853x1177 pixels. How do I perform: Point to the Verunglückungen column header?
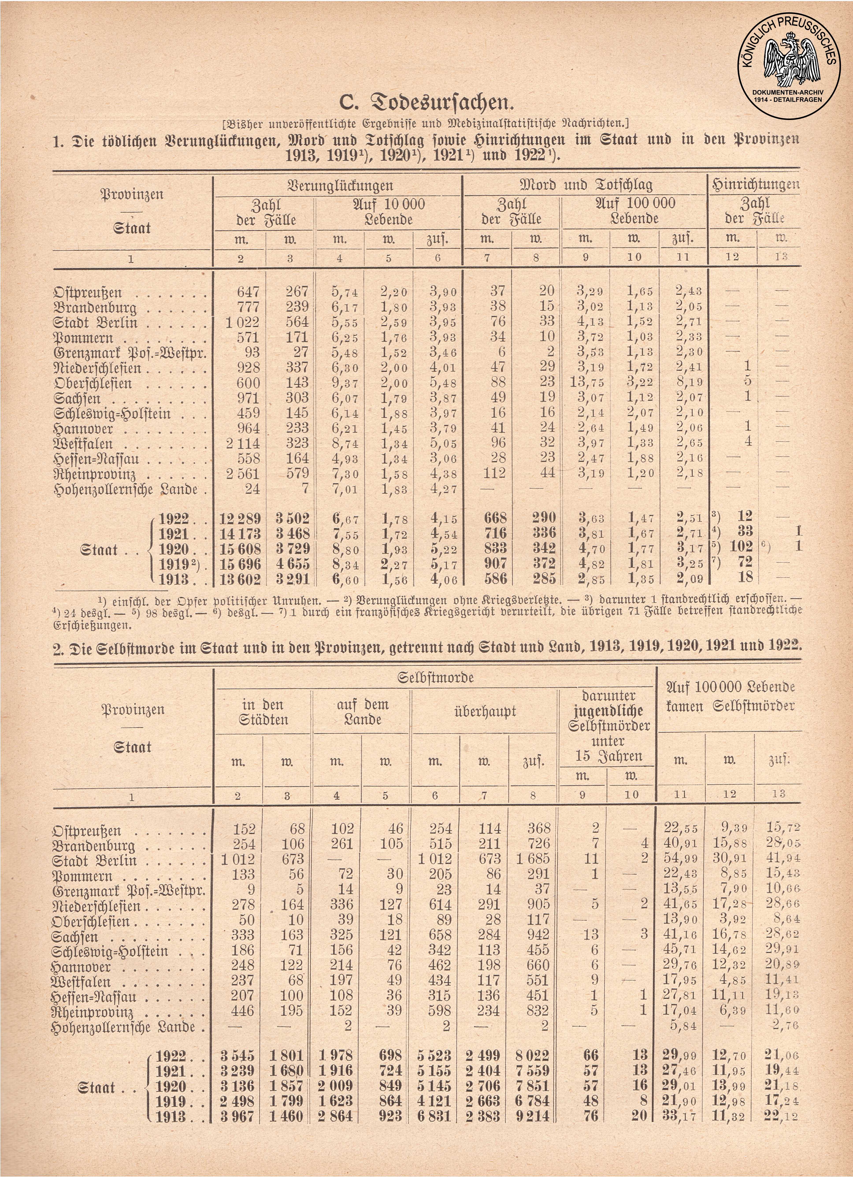coord(340,185)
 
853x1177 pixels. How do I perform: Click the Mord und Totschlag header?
coord(586,185)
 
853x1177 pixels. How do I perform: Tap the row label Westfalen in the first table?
coord(83,444)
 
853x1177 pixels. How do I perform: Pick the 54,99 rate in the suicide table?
coord(681,859)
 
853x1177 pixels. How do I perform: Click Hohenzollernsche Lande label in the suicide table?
coord(125,1027)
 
